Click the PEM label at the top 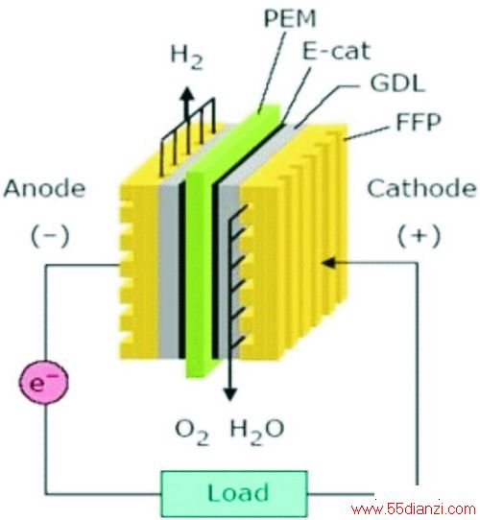coord(290,18)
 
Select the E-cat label coord(336,51)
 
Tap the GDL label coord(397,83)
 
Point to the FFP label coord(419,122)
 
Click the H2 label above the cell coord(186,58)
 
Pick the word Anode coord(44,188)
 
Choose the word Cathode coord(421,188)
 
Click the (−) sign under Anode coord(50,236)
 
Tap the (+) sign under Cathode coord(419,236)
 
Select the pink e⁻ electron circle coord(44,382)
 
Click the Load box coord(234,493)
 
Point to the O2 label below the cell coord(192,432)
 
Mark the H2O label coord(257,432)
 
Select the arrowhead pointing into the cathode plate coord(329,263)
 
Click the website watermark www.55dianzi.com coord(413,509)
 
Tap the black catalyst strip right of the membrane coord(215,271)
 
